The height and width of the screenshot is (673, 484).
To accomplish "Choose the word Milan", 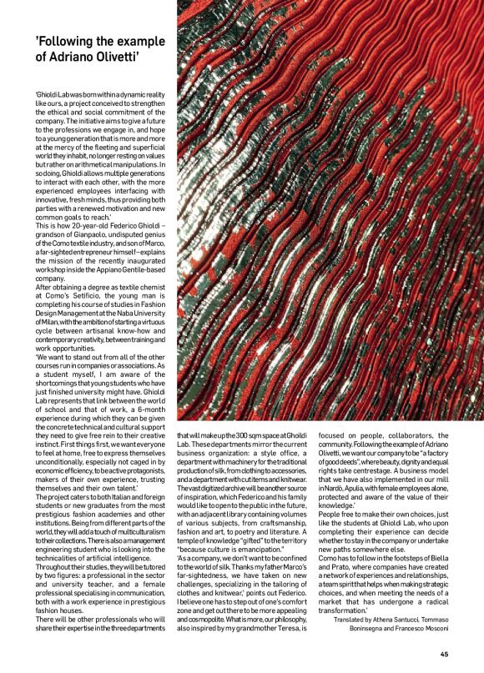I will click(x=51, y=315).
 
